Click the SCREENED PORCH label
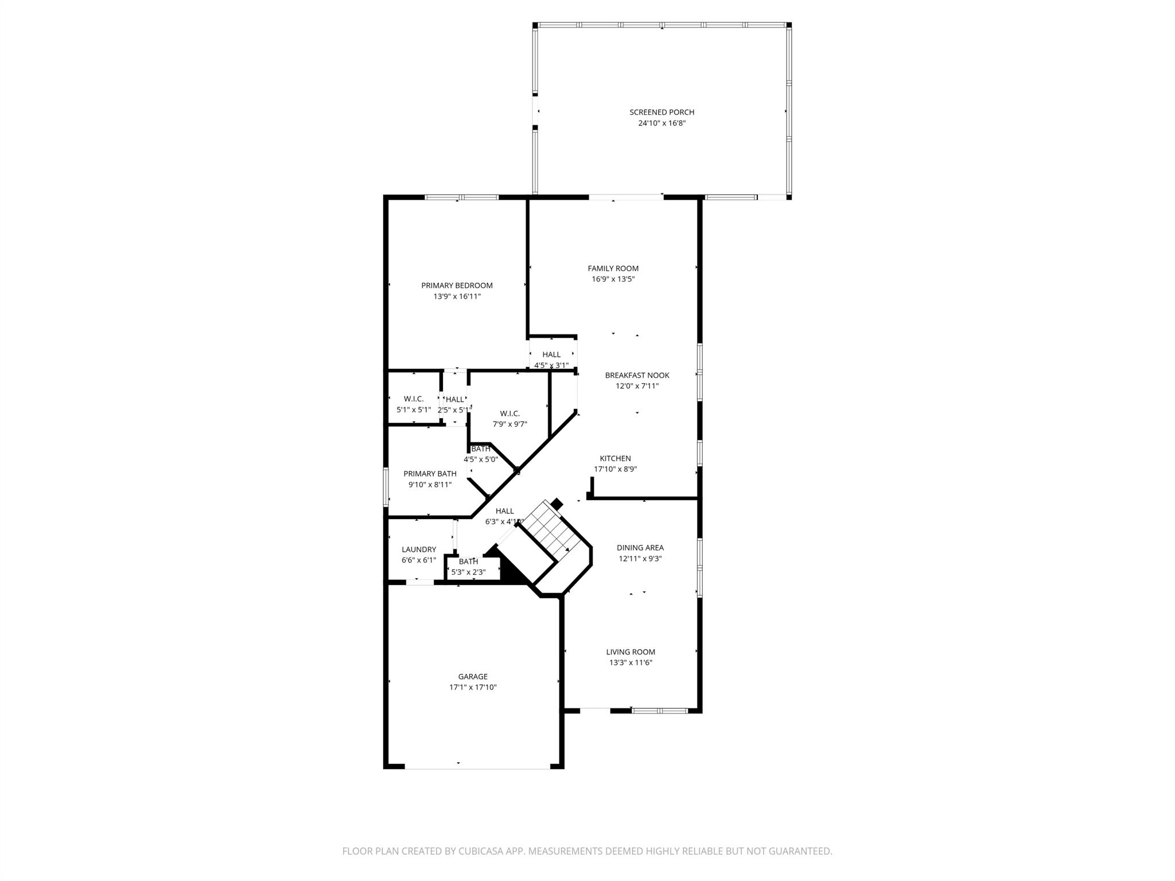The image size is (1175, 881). pyautogui.click(x=662, y=112)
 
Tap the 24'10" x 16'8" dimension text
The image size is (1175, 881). pyautogui.click(x=662, y=123)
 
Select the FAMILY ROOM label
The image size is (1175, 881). pyautogui.click(x=613, y=268)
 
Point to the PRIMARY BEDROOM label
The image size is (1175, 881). pyautogui.click(x=457, y=286)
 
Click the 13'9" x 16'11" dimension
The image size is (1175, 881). pyautogui.click(x=457, y=297)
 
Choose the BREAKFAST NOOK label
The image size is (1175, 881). pyautogui.click(x=637, y=375)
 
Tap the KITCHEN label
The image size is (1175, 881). pyautogui.click(x=615, y=458)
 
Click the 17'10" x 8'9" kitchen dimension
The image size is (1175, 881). pyautogui.click(x=615, y=469)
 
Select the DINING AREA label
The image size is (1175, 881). pyautogui.click(x=640, y=548)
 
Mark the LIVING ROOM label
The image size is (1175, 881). pyautogui.click(x=631, y=652)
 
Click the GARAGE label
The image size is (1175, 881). pyautogui.click(x=473, y=677)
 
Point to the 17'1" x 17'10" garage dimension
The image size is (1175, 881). pyautogui.click(x=473, y=687)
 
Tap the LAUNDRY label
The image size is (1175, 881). pyautogui.click(x=419, y=549)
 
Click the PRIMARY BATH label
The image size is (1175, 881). pyautogui.click(x=430, y=474)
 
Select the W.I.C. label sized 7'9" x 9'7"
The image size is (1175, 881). pyautogui.click(x=509, y=414)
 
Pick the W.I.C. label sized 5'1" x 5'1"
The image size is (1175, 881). pyautogui.click(x=413, y=399)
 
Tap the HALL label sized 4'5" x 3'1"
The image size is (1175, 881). pyautogui.click(x=551, y=354)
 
